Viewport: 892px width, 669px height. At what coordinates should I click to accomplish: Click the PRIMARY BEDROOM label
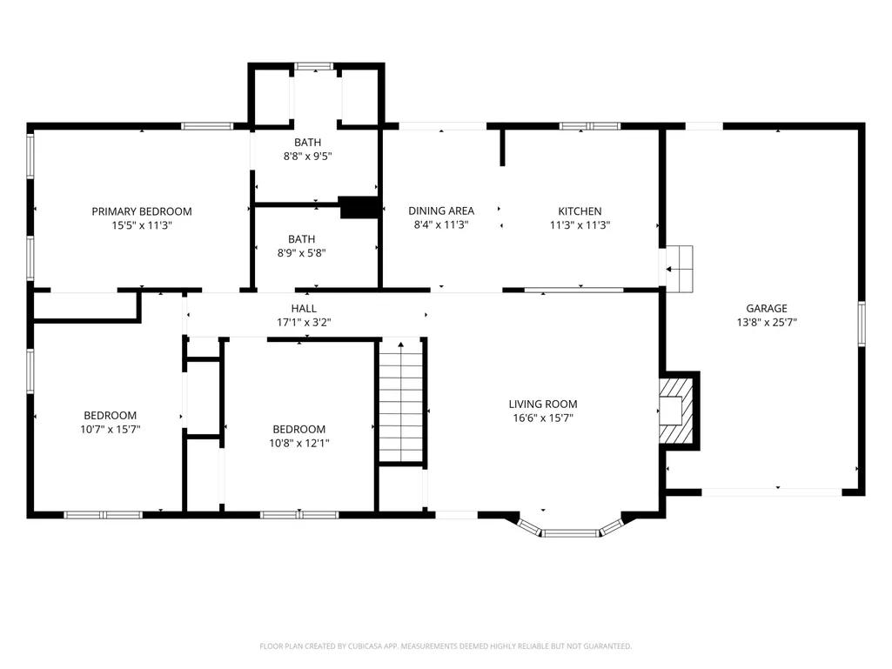(142, 211)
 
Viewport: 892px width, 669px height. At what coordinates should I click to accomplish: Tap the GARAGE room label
(767, 308)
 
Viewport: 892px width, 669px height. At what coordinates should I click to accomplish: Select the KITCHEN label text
(580, 211)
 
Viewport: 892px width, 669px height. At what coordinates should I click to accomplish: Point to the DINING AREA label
(441, 211)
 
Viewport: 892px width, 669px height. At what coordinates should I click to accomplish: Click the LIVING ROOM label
(543, 404)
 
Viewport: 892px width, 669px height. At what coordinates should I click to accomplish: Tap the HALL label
(304, 308)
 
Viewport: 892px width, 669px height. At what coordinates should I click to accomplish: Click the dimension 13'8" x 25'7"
(767, 323)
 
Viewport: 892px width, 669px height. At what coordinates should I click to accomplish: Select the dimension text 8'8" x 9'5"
(308, 157)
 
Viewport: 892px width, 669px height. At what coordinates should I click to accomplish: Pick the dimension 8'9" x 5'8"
(301, 253)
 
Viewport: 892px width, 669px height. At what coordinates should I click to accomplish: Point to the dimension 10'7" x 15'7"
(111, 430)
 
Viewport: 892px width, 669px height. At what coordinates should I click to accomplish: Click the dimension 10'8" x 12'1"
(299, 443)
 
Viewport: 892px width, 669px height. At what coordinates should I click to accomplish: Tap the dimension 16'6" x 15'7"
(543, 418)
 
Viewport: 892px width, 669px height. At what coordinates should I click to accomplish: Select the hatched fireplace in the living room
(677, 410)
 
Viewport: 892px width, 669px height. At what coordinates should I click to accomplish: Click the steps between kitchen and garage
(680, 269)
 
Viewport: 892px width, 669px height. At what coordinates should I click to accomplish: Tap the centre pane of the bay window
(570, 533)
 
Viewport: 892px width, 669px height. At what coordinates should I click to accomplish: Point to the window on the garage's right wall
(862, 324)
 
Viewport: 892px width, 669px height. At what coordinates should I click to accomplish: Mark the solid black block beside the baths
(359, 207)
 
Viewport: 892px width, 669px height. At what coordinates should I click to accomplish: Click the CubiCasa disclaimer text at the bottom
(446, 646)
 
